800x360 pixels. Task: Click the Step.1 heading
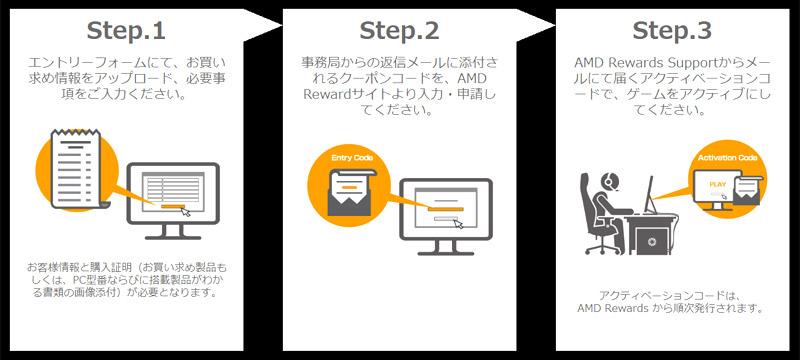[x=126, y=31]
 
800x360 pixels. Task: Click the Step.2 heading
[x=399, y=31]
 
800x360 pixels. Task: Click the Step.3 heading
[x=672, y=31]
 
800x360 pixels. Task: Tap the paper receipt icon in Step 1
[x=77, y=170]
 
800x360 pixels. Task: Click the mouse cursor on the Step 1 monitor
[x=186, y=213]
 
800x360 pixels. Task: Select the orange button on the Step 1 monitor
[x=170, y=206]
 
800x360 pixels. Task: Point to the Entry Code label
[x=352, y=158]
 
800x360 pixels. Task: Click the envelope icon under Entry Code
[x=351, y=191]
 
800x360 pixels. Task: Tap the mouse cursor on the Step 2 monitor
[x=459, y=223]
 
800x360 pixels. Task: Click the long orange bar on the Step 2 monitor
[x=446, y=209]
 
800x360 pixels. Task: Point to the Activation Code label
[x=727, y=158]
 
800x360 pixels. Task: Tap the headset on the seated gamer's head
[x=608, y=181]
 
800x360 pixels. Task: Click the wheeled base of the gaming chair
[x=602, y=247]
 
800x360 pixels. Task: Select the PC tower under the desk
[x=651, y=241]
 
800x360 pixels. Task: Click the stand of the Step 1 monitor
[x=173, y=232]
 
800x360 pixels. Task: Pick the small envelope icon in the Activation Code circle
[x=747, y=190]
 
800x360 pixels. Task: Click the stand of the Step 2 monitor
[x=445, y=248]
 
